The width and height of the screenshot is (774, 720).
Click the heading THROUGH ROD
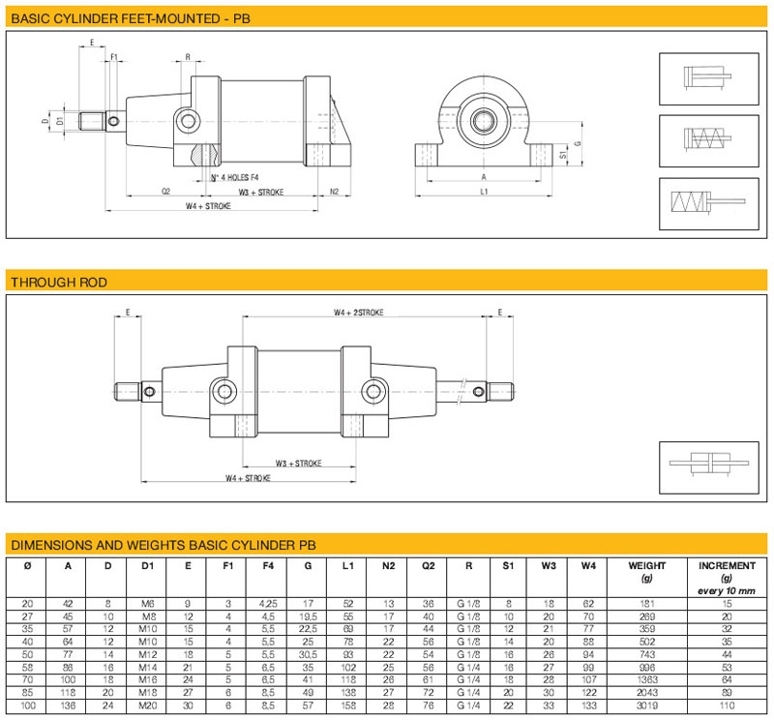click(x=58, y=283)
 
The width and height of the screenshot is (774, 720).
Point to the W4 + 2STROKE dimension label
click(x=359, y=313)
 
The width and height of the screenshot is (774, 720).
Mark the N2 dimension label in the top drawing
click(x=334, y=191)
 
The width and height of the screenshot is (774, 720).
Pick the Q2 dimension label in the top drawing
click(x=165, y=192)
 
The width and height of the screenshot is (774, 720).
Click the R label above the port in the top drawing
click(x=188, y=57)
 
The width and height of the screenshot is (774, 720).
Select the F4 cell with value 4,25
click(x=267, y=603)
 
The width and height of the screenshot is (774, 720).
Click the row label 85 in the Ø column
click(x=27, y=691)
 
